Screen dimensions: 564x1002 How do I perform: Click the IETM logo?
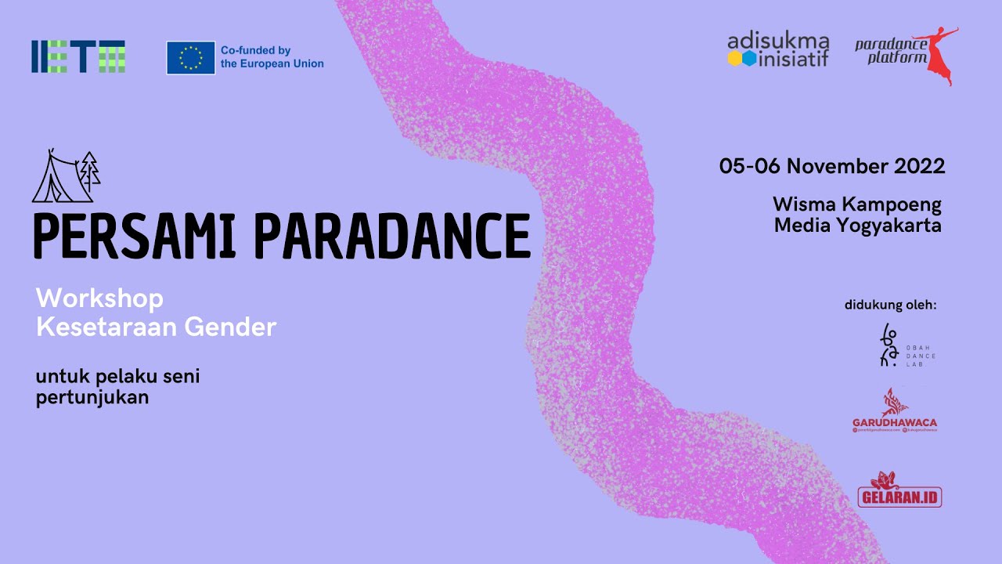click(x=78, y=56)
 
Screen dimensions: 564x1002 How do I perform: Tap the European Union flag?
click(x=190, y=57)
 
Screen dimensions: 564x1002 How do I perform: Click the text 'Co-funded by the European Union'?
click(x=272, y=57)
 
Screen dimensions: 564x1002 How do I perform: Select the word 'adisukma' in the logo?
click(x=777, y=41)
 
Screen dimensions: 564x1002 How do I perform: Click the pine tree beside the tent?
click(x=91, y=170)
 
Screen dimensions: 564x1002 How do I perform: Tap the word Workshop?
click(x=99, y=298)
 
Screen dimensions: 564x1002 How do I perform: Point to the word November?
click(x=834, y=166)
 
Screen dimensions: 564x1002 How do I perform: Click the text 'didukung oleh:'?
click(x=890, y=305)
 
